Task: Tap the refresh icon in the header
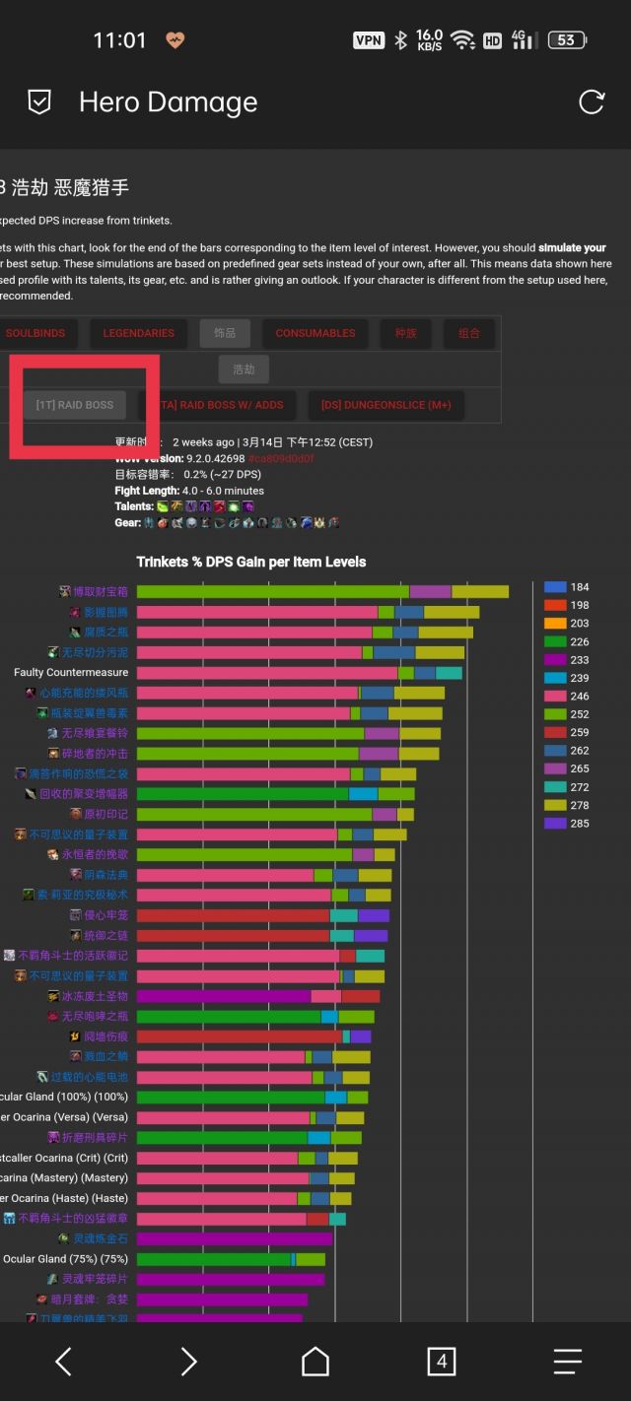coord(591,101)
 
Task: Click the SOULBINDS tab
coord(35,333)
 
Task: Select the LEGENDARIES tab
coord(138,333)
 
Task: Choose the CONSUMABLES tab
coord(315,333)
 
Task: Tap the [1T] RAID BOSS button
coord(75,405)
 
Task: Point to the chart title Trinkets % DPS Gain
coord(250,562)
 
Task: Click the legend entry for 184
coord(567,587)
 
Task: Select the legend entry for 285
coord(567,824)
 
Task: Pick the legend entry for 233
coord(567,660)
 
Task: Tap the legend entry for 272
coord(567,787)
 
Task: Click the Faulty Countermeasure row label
coord(71,672)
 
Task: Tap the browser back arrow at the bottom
coord(63,1362)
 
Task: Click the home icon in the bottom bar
coord(315,1362)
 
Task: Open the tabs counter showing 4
coord(441,1362)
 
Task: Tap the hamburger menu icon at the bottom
coord(567,1362)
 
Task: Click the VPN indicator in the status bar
coord(369,40)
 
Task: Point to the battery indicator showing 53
coord(566,40)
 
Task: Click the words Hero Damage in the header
coord(168,102)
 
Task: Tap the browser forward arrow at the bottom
coord(189,1362)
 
